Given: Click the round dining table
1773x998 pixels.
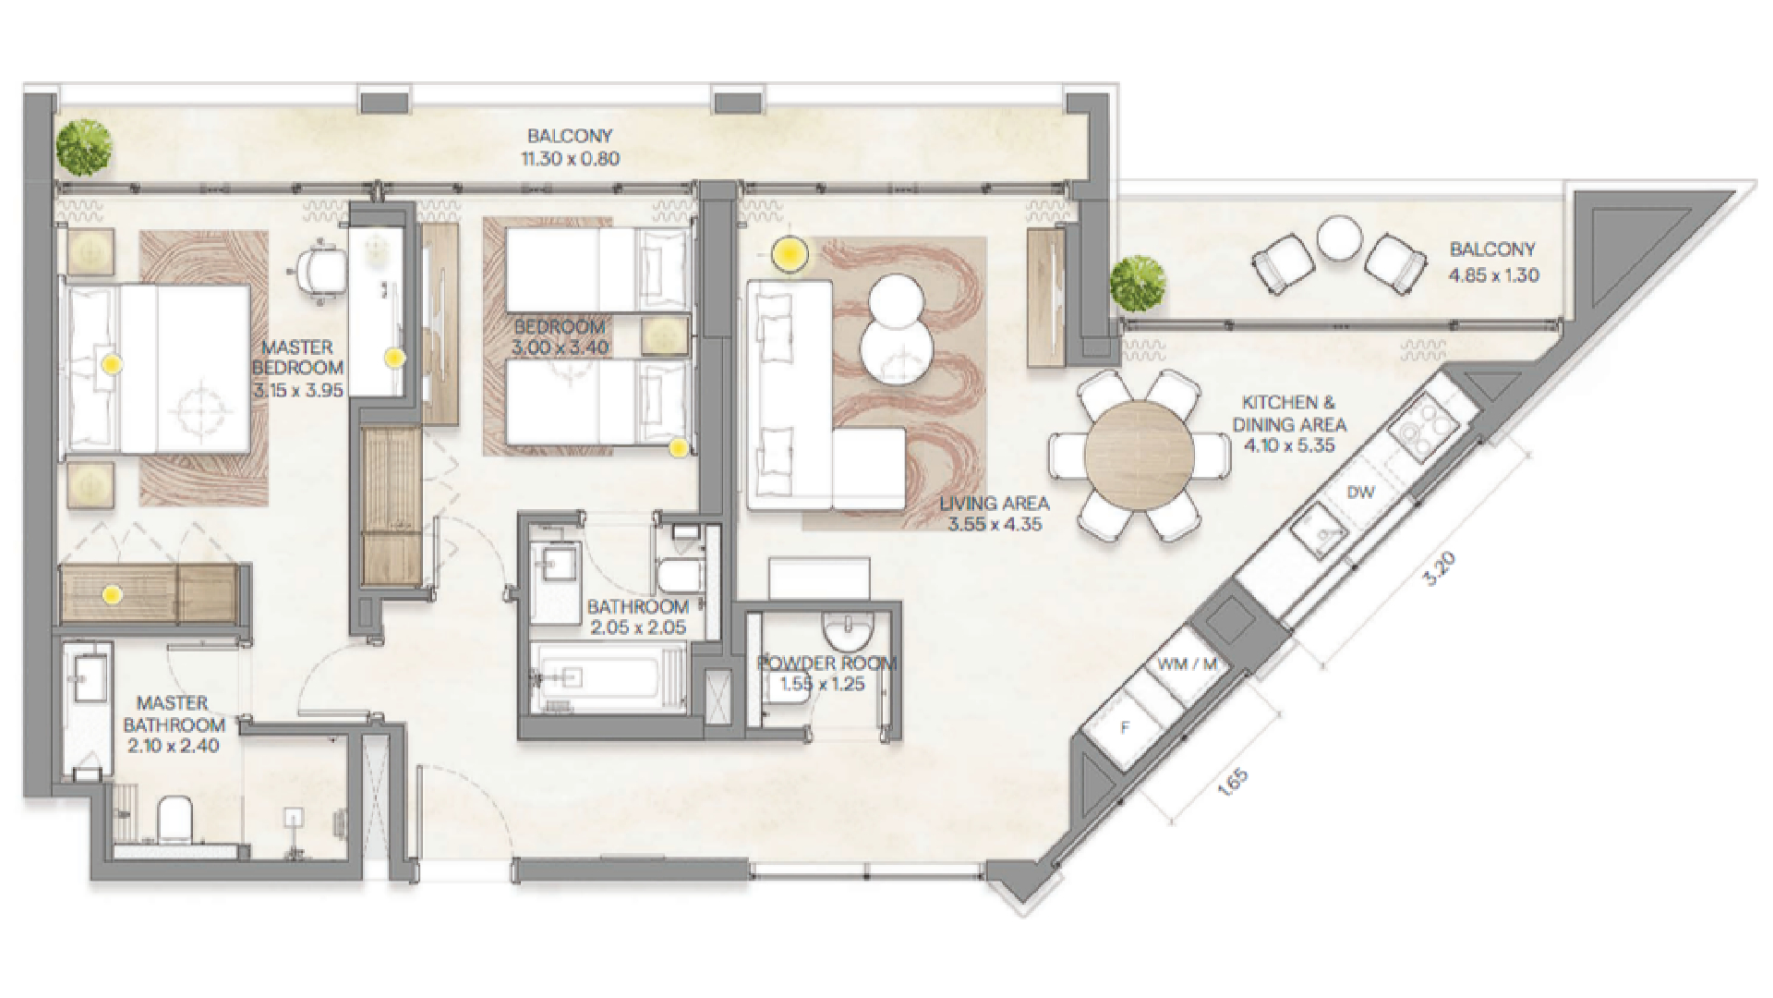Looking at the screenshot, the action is coord(1140,456).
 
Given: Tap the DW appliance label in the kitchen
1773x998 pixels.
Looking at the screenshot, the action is coord(1360,493).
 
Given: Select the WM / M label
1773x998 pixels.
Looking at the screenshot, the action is coord(1187,664).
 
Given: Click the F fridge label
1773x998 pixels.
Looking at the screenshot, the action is coord(1125,728).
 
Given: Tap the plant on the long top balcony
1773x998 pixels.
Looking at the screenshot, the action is coord(83,144).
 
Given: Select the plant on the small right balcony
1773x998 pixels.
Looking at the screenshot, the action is coord(1138,284).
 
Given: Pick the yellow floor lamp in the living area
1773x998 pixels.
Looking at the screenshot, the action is coord(790,255).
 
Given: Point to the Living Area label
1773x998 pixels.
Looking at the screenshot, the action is coord(994,505).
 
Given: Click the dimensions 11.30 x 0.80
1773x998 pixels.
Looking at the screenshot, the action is coord(570,159).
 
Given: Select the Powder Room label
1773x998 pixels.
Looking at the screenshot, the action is coord(826,663).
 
